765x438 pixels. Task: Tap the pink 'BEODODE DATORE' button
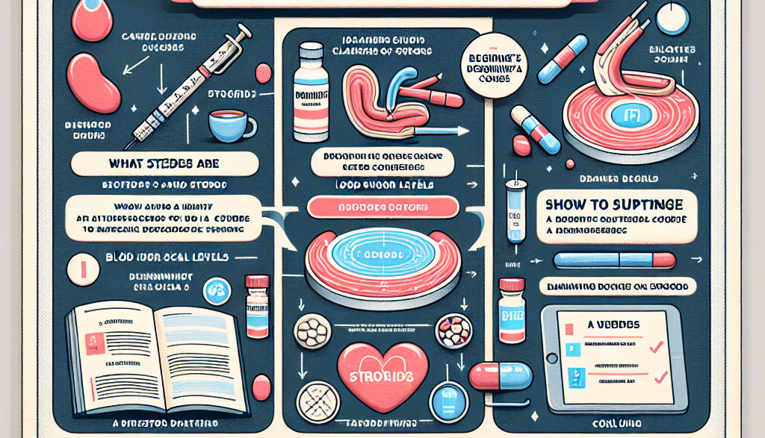(x=383, y=207)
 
